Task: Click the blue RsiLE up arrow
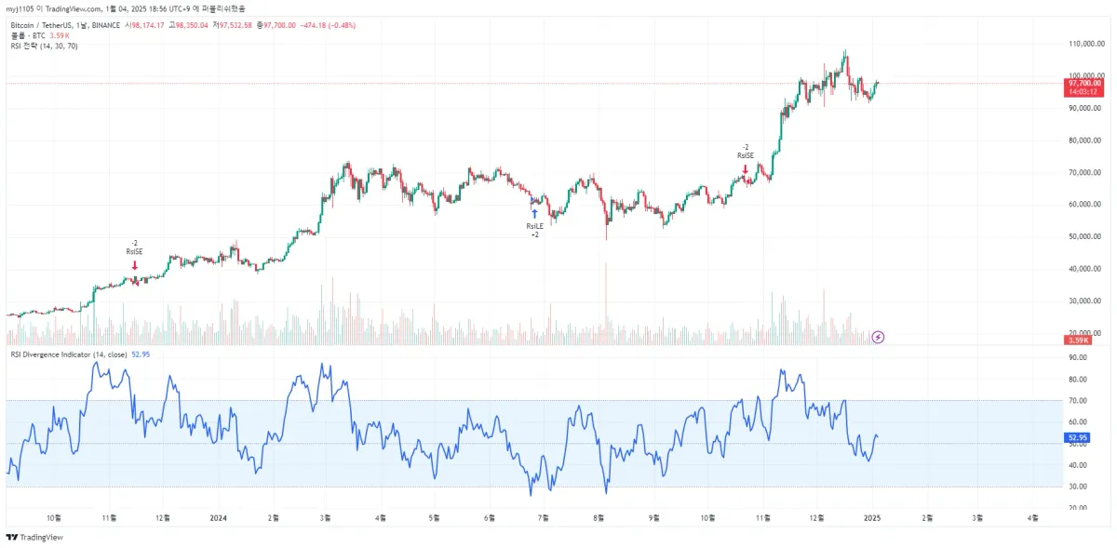coord(534,214)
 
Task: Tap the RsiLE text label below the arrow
coord(534,226)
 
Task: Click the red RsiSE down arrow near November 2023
coord(135,265)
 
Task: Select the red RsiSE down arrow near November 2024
coord(745,168)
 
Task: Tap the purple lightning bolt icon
coord(877,337)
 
